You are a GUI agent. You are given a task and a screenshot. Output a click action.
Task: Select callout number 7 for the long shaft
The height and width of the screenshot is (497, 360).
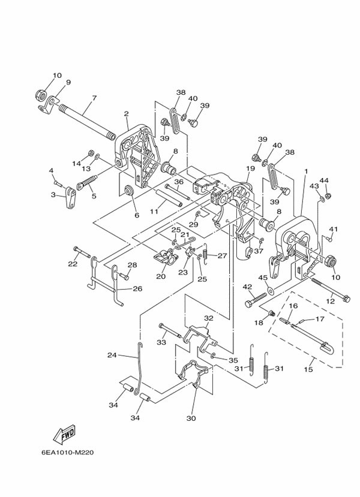click(x=94, y=98)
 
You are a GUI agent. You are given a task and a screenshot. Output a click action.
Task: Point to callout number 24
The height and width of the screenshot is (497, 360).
click(x=112, y=356)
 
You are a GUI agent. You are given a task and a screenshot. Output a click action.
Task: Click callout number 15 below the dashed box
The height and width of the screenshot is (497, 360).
click(x=308, y=370)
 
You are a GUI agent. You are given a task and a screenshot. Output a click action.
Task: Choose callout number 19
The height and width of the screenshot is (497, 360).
click(x=250, y=169)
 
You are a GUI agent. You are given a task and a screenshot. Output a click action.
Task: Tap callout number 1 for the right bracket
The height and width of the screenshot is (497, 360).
click(x=306, y=171)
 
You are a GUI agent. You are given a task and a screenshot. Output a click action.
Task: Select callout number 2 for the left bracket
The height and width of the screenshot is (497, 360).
click(x=127, y=114)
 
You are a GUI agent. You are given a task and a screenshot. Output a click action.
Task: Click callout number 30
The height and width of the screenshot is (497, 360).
click(x=192, y=418)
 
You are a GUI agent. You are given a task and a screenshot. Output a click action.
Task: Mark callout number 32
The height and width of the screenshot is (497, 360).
click(x=208, y=318)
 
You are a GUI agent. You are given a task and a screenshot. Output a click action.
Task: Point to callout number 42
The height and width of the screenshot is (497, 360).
click(x=247, y=287)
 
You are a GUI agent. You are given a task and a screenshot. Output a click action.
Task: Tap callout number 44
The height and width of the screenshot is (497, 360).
click(x=324, y=180)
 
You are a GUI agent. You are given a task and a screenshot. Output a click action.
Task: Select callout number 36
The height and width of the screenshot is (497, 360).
click(x=178, y=182)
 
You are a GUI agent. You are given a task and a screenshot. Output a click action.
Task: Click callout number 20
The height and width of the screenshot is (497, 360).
click(x=161, y=276)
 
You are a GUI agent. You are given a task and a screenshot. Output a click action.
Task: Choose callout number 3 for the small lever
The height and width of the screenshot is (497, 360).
click(x=53, y=195)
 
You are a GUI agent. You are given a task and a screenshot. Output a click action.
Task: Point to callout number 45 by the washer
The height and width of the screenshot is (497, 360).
click(x=263, y=278)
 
